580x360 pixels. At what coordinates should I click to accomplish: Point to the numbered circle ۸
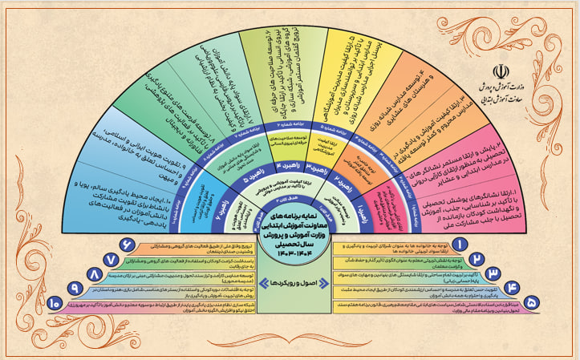coord(95,277)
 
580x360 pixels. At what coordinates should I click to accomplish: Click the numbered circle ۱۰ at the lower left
coord(55,303)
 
